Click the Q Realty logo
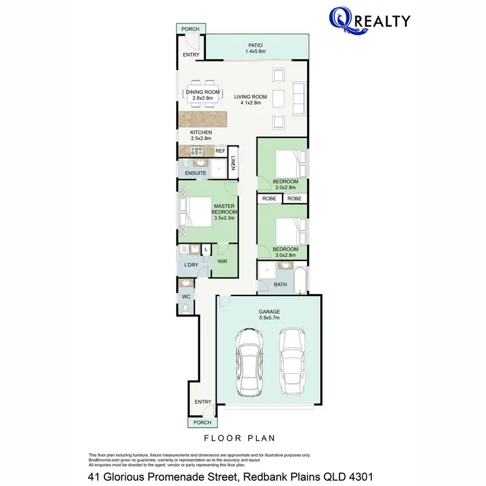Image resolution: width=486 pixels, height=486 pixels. (369, 21)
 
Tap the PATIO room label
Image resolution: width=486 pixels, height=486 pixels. (255, 46)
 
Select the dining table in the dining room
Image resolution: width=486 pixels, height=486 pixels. (203, 92)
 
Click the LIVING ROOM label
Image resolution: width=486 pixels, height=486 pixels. (247, 97)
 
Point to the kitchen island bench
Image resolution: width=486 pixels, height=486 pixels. (205, 119)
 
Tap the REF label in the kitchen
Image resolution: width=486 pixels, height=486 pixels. (220, 151)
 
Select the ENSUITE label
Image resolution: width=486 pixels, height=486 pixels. (196, 173)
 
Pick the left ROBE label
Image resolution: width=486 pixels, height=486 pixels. (270, 198)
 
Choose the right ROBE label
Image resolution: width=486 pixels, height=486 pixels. (294, 198)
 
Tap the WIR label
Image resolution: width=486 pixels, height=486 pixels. (222, 262)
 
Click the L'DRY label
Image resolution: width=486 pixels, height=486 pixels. (191, 265)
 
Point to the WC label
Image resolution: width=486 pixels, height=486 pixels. (186, 296)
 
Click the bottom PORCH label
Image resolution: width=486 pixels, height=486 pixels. (198, 422)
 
